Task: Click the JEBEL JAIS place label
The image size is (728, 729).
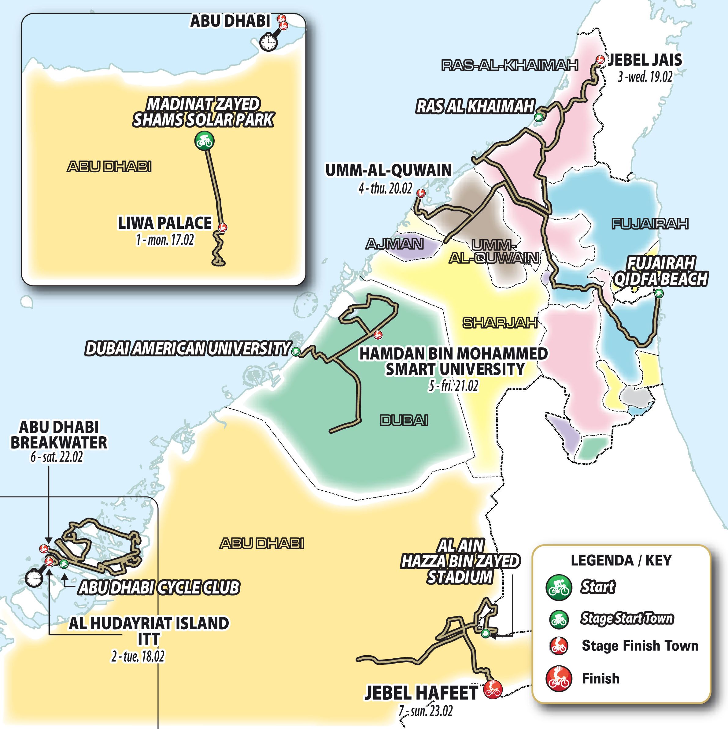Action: pyautogui.click(x=644, y=60)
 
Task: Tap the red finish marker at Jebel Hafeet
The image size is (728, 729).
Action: pyautogui.click(x=493, y=689)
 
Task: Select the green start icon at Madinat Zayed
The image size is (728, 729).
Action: pyautogui.click(x=204, y=141)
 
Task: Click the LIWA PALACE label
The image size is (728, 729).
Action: pyautogui.click(x=165, y=223)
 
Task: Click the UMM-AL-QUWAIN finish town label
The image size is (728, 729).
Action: pyautogui.click(x=388, y=170)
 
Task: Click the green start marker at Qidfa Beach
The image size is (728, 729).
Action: pyautogui.click(x=659, y=292)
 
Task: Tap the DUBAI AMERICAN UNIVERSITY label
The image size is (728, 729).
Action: pyautogui.click(x=187, y=349)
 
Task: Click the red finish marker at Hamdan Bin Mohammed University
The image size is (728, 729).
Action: pyautogui.click(x=377, y=334)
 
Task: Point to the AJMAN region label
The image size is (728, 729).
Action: pyautogui.click(x=394, y=244)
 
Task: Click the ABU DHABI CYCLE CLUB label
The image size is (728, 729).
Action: pyautogui.click(x=158, y=587)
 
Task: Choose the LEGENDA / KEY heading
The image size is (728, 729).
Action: pyautogui.click(x=621, y=560)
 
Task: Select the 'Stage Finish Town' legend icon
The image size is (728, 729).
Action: pyautogui.click(x=558, y=645)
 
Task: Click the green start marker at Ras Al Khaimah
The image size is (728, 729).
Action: pyautogui.click(x=539, y=117)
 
